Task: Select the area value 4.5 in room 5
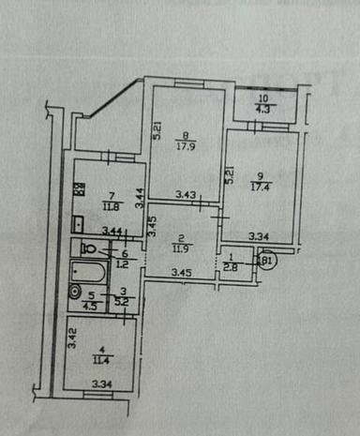coord(91,305)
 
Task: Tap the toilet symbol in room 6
coord(88,248)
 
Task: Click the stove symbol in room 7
coord(80,188)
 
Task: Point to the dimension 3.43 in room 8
coord(186,196)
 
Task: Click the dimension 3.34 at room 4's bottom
coord(100,383)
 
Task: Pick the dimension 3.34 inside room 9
coord(260,237)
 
